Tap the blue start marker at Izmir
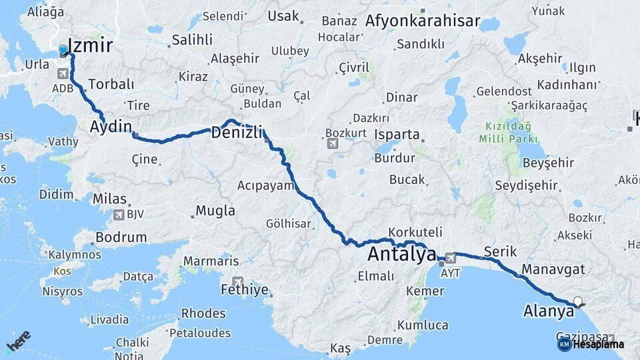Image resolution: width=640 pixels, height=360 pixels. (x=63, y=50)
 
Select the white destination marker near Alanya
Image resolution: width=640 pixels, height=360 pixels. (x=577, y=301)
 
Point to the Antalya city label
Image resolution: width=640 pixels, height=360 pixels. (x=401, y=255)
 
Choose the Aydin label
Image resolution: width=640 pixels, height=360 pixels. (x=111, y=126)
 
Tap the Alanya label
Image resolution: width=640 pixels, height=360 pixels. (x=548, y=311)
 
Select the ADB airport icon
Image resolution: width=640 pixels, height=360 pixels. (x=63, y=72)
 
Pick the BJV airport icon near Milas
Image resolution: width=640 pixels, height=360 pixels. (x=119, y=215)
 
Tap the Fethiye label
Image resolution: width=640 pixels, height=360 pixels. (x=244, y=290)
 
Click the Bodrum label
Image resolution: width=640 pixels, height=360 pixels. (x=121, y=237)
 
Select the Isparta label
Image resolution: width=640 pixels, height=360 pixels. (x=397, y=134)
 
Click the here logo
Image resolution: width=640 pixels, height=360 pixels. (x=18, y=342)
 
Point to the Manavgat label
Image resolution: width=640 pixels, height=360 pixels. (x=553, y=269)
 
